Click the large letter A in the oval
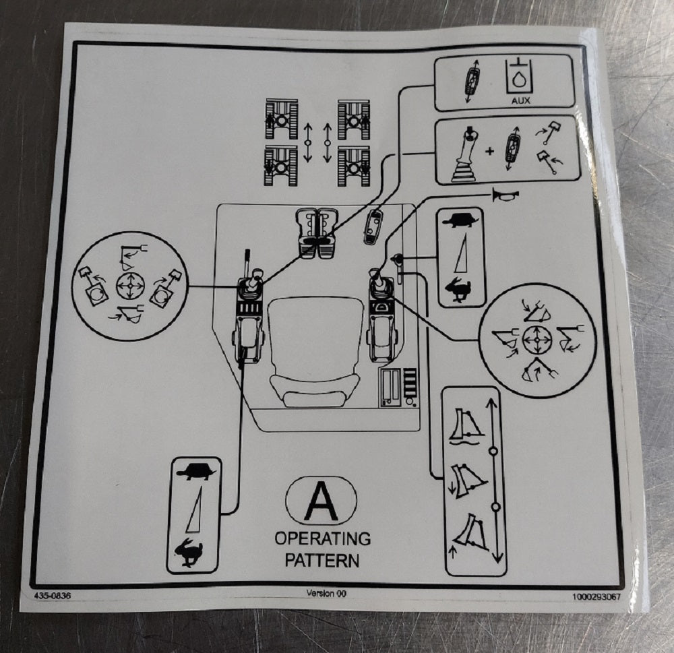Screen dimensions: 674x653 (x=321, y=501)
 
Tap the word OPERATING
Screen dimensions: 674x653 (x=322, y=538)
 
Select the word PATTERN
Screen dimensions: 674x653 (x=322, y=561)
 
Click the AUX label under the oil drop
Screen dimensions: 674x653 (x=520, y=100)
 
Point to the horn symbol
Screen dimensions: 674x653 (x=506, y=195)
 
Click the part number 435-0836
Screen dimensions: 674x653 (x=53, y=596)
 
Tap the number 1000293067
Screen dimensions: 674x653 (x=596, y=597)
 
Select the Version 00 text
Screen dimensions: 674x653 (x=326, y=593)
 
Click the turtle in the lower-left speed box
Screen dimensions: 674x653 (x=195, y=471)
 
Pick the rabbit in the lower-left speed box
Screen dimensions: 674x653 (x=189, y=553)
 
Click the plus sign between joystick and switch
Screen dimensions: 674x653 (x=489, y=151)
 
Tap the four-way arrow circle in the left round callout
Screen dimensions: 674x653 (x=130, y=286)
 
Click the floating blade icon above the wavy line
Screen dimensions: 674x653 (x=466, y=427)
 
